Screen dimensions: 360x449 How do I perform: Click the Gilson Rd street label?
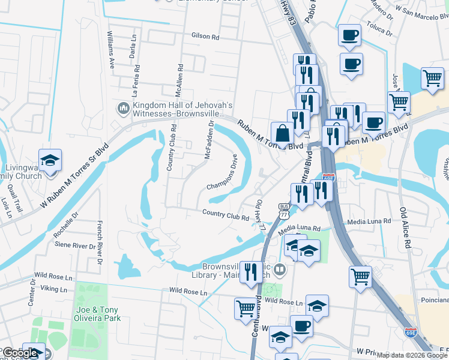(x=205, y=37)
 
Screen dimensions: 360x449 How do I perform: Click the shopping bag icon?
(x=282, y=133)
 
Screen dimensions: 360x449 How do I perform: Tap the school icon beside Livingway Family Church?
(x=50, y=161)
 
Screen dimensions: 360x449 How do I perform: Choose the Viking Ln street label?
(x=47, y=289)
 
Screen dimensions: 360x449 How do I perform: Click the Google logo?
(x=20, y=353)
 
